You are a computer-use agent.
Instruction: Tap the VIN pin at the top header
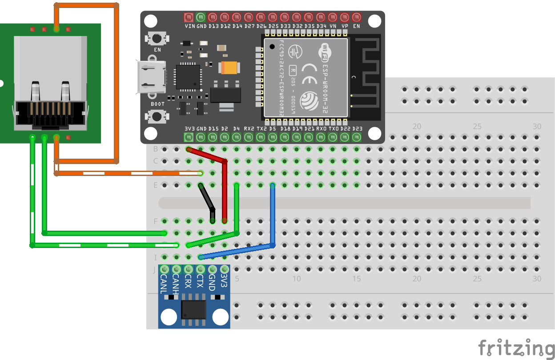click(x=189, y=17)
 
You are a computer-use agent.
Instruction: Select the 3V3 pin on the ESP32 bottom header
click(x=189, y=137)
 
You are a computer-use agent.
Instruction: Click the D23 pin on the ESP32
click(x=357, y=137)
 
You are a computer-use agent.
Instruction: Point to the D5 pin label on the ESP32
click(x=273, y=128)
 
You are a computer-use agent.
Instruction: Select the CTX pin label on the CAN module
click(x=200, y=283)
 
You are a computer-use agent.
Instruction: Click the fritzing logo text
click(x=516, y=347)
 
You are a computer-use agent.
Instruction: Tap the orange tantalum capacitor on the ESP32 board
click(x=229, y=68)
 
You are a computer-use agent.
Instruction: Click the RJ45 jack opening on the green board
click(x=50, y=113)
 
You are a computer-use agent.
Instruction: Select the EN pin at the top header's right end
click(x=356, y=17)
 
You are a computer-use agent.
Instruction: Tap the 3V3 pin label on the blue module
click(x=224, y=282)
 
